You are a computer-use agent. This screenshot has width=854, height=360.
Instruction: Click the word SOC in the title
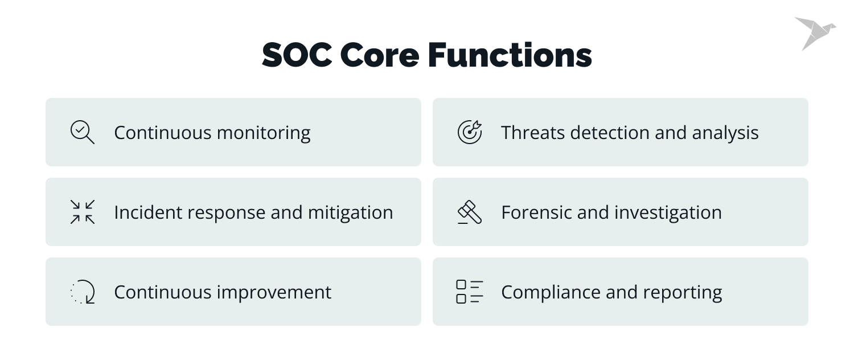point(295,56)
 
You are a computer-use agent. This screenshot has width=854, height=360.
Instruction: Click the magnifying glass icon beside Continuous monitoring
point(82,132)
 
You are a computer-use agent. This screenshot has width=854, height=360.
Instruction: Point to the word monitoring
point(264,133)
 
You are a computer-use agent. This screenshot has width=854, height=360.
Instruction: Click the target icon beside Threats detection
point(470,132)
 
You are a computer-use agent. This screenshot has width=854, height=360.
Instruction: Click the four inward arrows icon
point(83,212)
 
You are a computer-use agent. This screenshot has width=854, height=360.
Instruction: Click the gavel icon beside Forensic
point(470,212)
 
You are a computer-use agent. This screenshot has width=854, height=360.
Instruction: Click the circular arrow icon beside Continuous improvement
point(83,292)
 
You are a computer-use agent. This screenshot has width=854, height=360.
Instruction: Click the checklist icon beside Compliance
point(470,292)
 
